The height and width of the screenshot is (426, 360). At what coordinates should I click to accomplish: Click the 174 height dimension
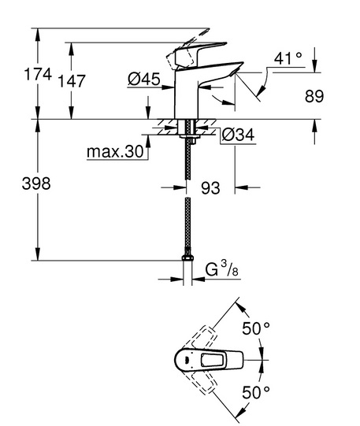click(x=38, y=74)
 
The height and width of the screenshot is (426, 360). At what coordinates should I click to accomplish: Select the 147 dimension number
click(x=72, y=81)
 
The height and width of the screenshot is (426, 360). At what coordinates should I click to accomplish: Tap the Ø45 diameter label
click(x=144, y=80)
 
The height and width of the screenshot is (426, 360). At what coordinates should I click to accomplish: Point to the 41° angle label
click(x=288, y=58)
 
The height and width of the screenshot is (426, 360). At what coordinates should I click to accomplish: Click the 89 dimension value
click(x=314, y=96)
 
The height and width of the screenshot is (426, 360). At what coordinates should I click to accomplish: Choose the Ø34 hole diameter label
click(x=238, y=135)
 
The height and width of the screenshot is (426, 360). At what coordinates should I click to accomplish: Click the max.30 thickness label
click(x=115, y=151)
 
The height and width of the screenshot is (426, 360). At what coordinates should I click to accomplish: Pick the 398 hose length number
click(x=36, y=183)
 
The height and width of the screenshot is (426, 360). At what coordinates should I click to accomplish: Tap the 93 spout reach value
click(x=210, y=187)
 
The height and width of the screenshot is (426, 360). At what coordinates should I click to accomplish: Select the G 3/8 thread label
click(x=221, y=269)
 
